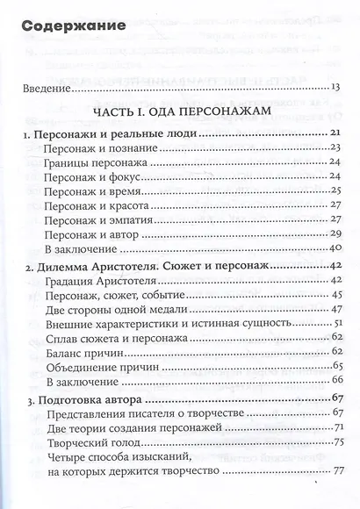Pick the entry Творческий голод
(90, 444)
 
